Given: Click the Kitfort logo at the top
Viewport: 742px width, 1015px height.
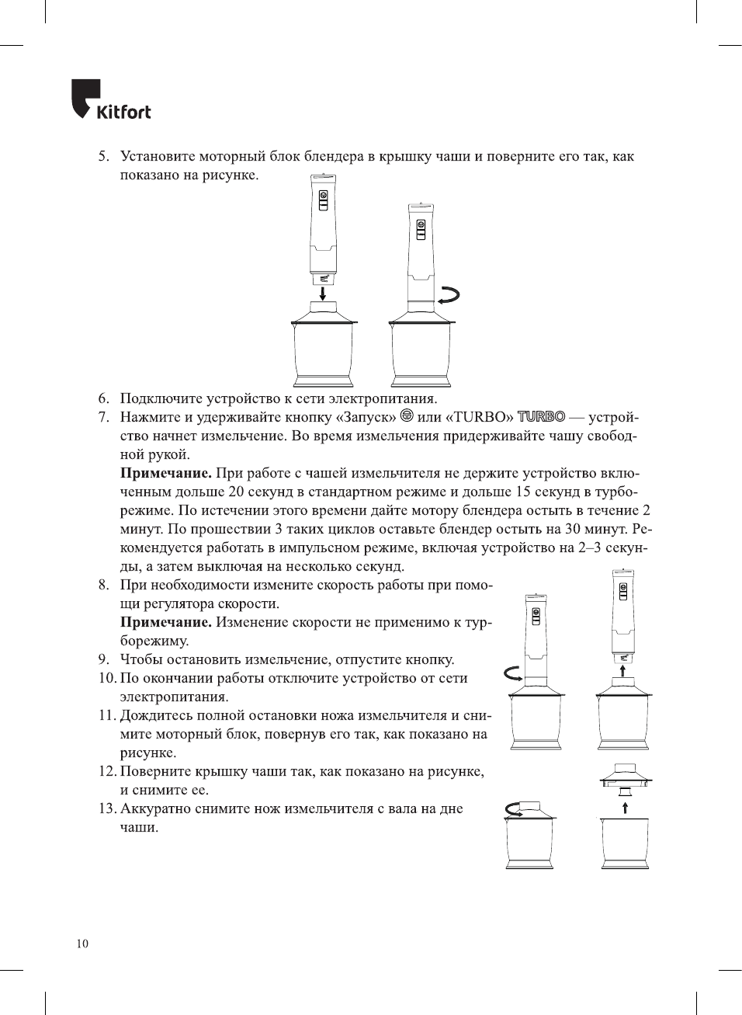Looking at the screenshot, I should click(x=111, y=100).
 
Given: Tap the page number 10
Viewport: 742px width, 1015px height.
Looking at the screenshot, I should click(x=82, y=944).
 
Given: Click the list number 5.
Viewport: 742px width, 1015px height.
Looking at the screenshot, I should click(x=103, y=157).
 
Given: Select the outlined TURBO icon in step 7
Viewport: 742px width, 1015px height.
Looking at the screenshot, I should click(x=541, y=417).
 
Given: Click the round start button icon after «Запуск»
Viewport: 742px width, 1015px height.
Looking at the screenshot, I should click(x=407, y=416).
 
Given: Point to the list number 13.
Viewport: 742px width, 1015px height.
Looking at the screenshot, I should click(x=107, y=808).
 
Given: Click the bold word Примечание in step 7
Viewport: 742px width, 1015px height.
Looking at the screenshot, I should click(x=165, y=473).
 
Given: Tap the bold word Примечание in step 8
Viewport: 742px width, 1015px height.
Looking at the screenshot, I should click(x=165, y=622).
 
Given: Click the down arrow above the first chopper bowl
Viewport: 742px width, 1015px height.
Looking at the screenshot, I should click(x=323, y=292).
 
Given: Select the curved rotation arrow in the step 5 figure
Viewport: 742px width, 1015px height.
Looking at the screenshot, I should click(x=449, y=295).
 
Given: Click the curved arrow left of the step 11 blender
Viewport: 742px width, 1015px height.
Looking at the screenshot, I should click(x=513, y=673).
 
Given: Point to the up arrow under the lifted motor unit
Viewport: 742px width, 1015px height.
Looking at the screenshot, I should click(x=622, y=669).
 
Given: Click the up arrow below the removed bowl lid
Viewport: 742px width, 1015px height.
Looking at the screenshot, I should click(x=625, y=807).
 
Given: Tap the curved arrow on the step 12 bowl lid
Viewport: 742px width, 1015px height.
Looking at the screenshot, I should click(x=514, y=810).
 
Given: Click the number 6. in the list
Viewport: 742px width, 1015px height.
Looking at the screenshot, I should click(x=103, y=398).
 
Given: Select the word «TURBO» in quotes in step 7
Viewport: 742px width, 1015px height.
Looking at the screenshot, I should click(x=479, y=417).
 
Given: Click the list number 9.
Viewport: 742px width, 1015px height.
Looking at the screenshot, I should click(x=103, y=659).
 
